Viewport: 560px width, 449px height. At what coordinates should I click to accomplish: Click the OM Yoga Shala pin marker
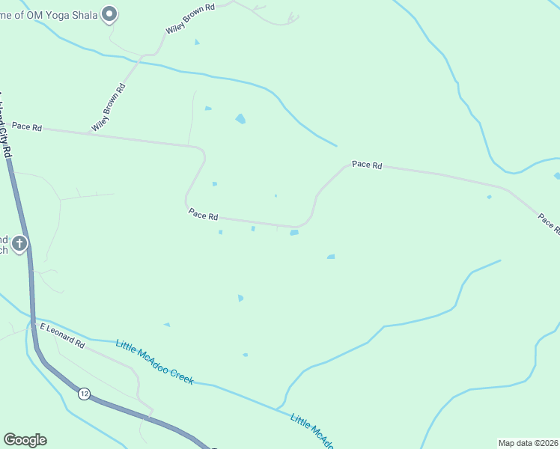110,13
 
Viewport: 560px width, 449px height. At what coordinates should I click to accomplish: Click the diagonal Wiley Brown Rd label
109,108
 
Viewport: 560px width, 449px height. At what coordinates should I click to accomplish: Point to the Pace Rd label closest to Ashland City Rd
27,127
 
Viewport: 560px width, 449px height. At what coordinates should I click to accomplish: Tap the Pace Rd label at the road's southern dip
203,215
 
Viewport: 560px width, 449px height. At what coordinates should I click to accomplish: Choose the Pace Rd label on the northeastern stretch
367,165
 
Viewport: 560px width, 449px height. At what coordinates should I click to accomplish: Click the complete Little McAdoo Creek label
155,362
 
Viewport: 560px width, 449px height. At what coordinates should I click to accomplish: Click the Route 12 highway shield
84,394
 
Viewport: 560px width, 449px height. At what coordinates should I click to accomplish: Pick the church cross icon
19,243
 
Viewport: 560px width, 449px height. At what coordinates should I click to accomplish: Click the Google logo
25,440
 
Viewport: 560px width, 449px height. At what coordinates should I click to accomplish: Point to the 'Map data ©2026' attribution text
528,443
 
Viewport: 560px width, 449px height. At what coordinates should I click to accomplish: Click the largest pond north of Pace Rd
240,118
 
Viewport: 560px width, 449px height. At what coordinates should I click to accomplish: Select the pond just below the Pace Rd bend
294,233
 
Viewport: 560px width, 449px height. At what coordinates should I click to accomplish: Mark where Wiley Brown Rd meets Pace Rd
88,133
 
